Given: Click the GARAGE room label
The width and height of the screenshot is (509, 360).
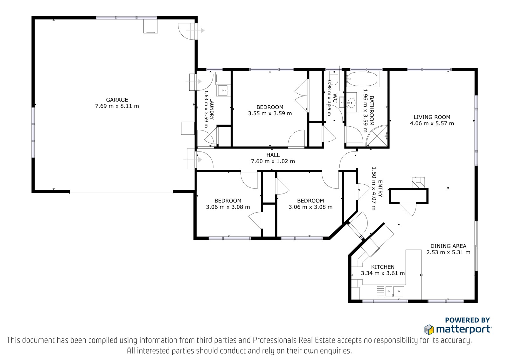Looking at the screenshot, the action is click(x=117, y=100).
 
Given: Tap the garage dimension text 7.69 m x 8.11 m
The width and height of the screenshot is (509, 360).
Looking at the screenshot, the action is click(x=117, y=106).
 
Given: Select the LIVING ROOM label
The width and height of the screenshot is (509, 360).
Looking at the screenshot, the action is click(x=432, y=117).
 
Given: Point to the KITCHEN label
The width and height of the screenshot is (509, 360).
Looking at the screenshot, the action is click(x=383, y=267).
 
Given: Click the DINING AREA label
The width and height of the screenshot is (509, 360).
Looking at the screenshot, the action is click(x=448, y=246).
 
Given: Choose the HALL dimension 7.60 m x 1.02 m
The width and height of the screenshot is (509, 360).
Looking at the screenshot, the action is click(x=273, y=161).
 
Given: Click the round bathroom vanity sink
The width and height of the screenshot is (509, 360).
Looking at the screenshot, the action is click(x=351, y=102).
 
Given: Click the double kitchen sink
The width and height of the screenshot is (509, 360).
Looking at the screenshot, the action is click(x=395, y=291).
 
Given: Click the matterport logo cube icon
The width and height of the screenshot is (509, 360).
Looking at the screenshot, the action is click(x=429, y=329).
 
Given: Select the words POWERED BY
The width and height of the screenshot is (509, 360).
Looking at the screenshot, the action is click(x=467, y=320).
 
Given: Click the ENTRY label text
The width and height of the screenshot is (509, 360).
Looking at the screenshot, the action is click(x=380, y=188).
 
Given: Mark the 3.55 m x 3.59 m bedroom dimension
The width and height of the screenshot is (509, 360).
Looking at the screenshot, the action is click(x=270, y=114).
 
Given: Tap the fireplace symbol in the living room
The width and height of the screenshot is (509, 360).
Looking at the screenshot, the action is click(x=418, y=182).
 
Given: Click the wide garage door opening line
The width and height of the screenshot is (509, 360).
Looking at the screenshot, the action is click(x=121, y=193).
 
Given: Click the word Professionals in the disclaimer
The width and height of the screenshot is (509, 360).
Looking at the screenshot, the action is click(x=275, y=340).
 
